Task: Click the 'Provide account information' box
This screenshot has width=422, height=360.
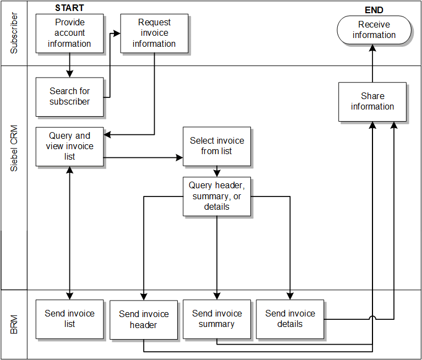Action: (69, 33)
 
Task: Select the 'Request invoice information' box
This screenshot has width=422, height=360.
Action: (154, 33)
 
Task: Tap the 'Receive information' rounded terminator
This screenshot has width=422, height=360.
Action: (374, 30)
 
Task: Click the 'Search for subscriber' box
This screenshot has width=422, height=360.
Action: (69, 96)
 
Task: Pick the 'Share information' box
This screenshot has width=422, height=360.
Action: (372, 101)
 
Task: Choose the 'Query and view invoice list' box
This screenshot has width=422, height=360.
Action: (69, 146)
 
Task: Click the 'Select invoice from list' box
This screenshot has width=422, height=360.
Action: (217, 146)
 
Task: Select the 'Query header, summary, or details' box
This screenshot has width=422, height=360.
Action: (217, 196)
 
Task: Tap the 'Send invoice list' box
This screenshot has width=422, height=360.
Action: (69, 319)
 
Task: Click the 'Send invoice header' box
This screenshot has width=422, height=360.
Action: (144, 319)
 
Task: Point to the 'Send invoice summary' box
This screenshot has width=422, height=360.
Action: (217, 319)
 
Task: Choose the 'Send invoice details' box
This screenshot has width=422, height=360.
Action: (290, 319)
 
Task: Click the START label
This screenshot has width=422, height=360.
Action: (69, 8)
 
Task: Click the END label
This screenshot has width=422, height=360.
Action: (374, 10)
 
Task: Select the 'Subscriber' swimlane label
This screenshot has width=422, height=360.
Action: (14, 33)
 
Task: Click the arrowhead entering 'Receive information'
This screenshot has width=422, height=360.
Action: (373, 48)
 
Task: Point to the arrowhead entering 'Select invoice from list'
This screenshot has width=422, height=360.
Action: (179, 158)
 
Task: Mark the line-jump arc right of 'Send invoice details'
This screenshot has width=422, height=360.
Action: (373, 318)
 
